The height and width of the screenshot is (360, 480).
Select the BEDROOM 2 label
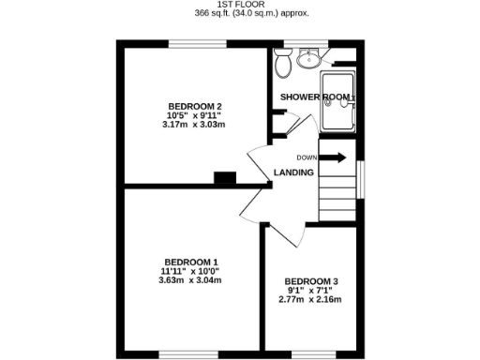(194, 105)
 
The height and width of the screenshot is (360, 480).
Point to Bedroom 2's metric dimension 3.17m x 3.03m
(194, 125)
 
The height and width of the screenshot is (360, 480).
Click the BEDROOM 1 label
(190, 262)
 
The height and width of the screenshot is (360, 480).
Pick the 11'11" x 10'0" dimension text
(190, 271)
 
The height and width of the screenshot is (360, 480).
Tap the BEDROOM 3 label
(310, 281)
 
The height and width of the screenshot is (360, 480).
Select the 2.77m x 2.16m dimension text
(310, 300)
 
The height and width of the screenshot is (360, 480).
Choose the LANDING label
(293, 172)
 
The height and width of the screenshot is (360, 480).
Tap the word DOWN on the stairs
(307, 157)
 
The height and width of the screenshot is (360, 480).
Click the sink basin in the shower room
(307, 59)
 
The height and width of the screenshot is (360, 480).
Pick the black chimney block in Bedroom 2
(225, 177)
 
